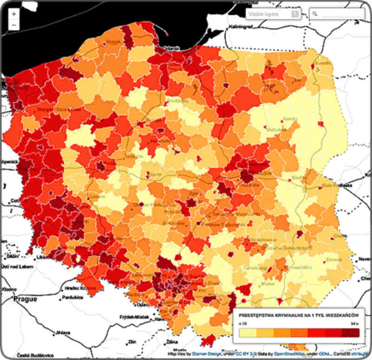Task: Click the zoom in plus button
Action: [x=14, y=14]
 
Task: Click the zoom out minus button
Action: [x=14, y=25]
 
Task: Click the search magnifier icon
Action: [x=315, y=14]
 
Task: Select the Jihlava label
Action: [x=63, y=333]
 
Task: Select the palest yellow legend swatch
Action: [x=247, y=333]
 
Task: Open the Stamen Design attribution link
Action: [x=205, y=354]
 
